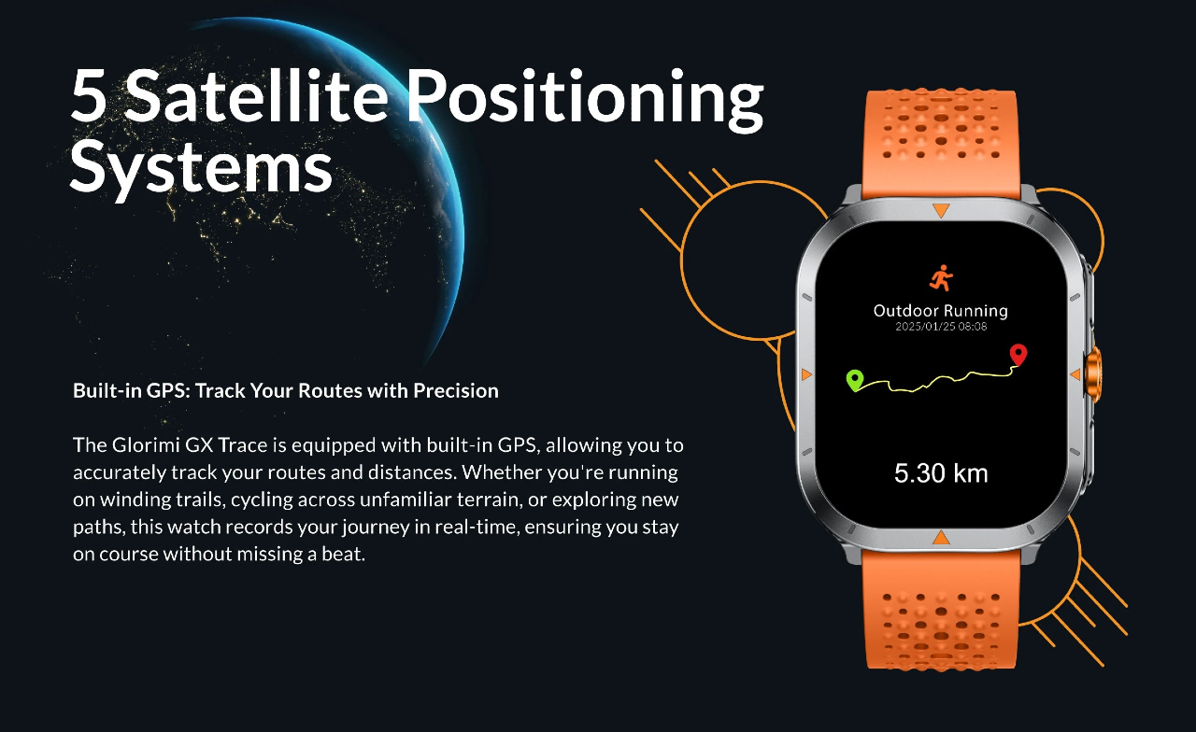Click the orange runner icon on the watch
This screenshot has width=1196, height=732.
pyautogui.click(x=941, y=277)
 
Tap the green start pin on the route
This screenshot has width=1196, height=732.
pyautogui.click(x=855, y=380)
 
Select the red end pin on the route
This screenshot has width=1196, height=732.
pyautogui.click(x=1018, y=355)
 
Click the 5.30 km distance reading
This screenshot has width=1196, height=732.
pyautogui.click(x=941, y=473)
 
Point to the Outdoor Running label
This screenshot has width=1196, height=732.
pyautogui.click(x=941, y=311)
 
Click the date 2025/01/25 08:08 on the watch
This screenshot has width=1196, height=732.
pyautogui.click(x=941, y=327)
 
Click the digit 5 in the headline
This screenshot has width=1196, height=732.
pyautogui.click(x=88, y=95)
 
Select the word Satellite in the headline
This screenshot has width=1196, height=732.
pyautogui.click(x=256, y=94)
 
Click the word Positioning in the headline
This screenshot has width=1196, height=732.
pyautogui.click(x=586, y=100)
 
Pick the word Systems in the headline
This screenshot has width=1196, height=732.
pyautogui.click(x=201, y=168)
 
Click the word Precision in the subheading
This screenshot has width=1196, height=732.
pyautogui.click(x=456, y=390)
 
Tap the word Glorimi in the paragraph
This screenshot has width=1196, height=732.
pyautogui.click(x=145, y=444)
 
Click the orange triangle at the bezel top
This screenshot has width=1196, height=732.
pyautogui.click(x=941, y=210)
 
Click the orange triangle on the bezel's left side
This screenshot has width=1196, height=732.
pyautogui.click(x=806, y=374)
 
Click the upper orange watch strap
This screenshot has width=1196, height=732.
pyautogui.click(x=941, y=141)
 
